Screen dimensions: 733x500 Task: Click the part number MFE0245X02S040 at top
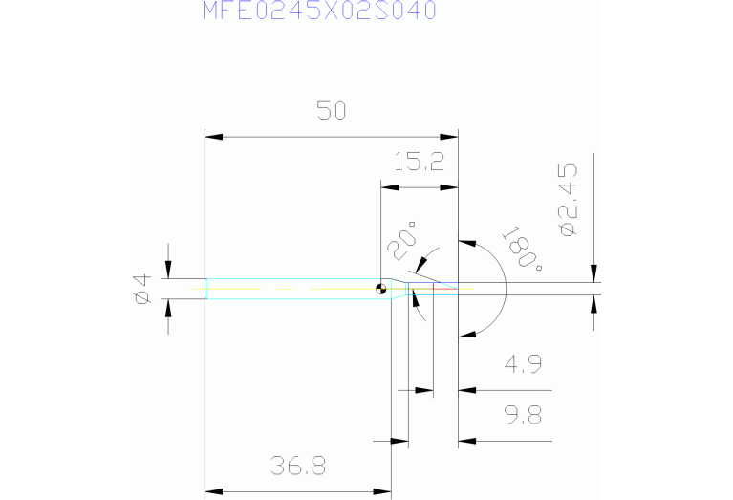pyautogui.click(x=320, y=11)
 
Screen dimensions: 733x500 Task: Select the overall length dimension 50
pyautogui.click(x=331, y=111)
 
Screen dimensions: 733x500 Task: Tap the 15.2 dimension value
pyautogui.click(x=420, y=162)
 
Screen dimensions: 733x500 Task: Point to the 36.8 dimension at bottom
pyautogui.click(x=298, y=467)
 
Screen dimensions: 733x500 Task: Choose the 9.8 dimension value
pyautogui.click(x=522, y=416)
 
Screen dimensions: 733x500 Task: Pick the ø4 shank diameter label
pyautogui.click(x=141, y=288)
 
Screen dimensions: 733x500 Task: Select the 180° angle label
pyautogui.click(x=522, y=250)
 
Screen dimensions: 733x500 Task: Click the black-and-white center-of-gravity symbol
pyautogui.click(x=382, y=288)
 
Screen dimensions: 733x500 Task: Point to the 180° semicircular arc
pyautogui.click(x=505, y=287)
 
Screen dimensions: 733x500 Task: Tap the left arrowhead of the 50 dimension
pyautogui.click(x=212, y=137)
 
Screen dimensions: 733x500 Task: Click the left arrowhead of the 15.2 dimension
pyautogui.click(x=387, y=186)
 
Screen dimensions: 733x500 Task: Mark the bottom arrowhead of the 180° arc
pyautogui.click(x=465, y=334)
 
